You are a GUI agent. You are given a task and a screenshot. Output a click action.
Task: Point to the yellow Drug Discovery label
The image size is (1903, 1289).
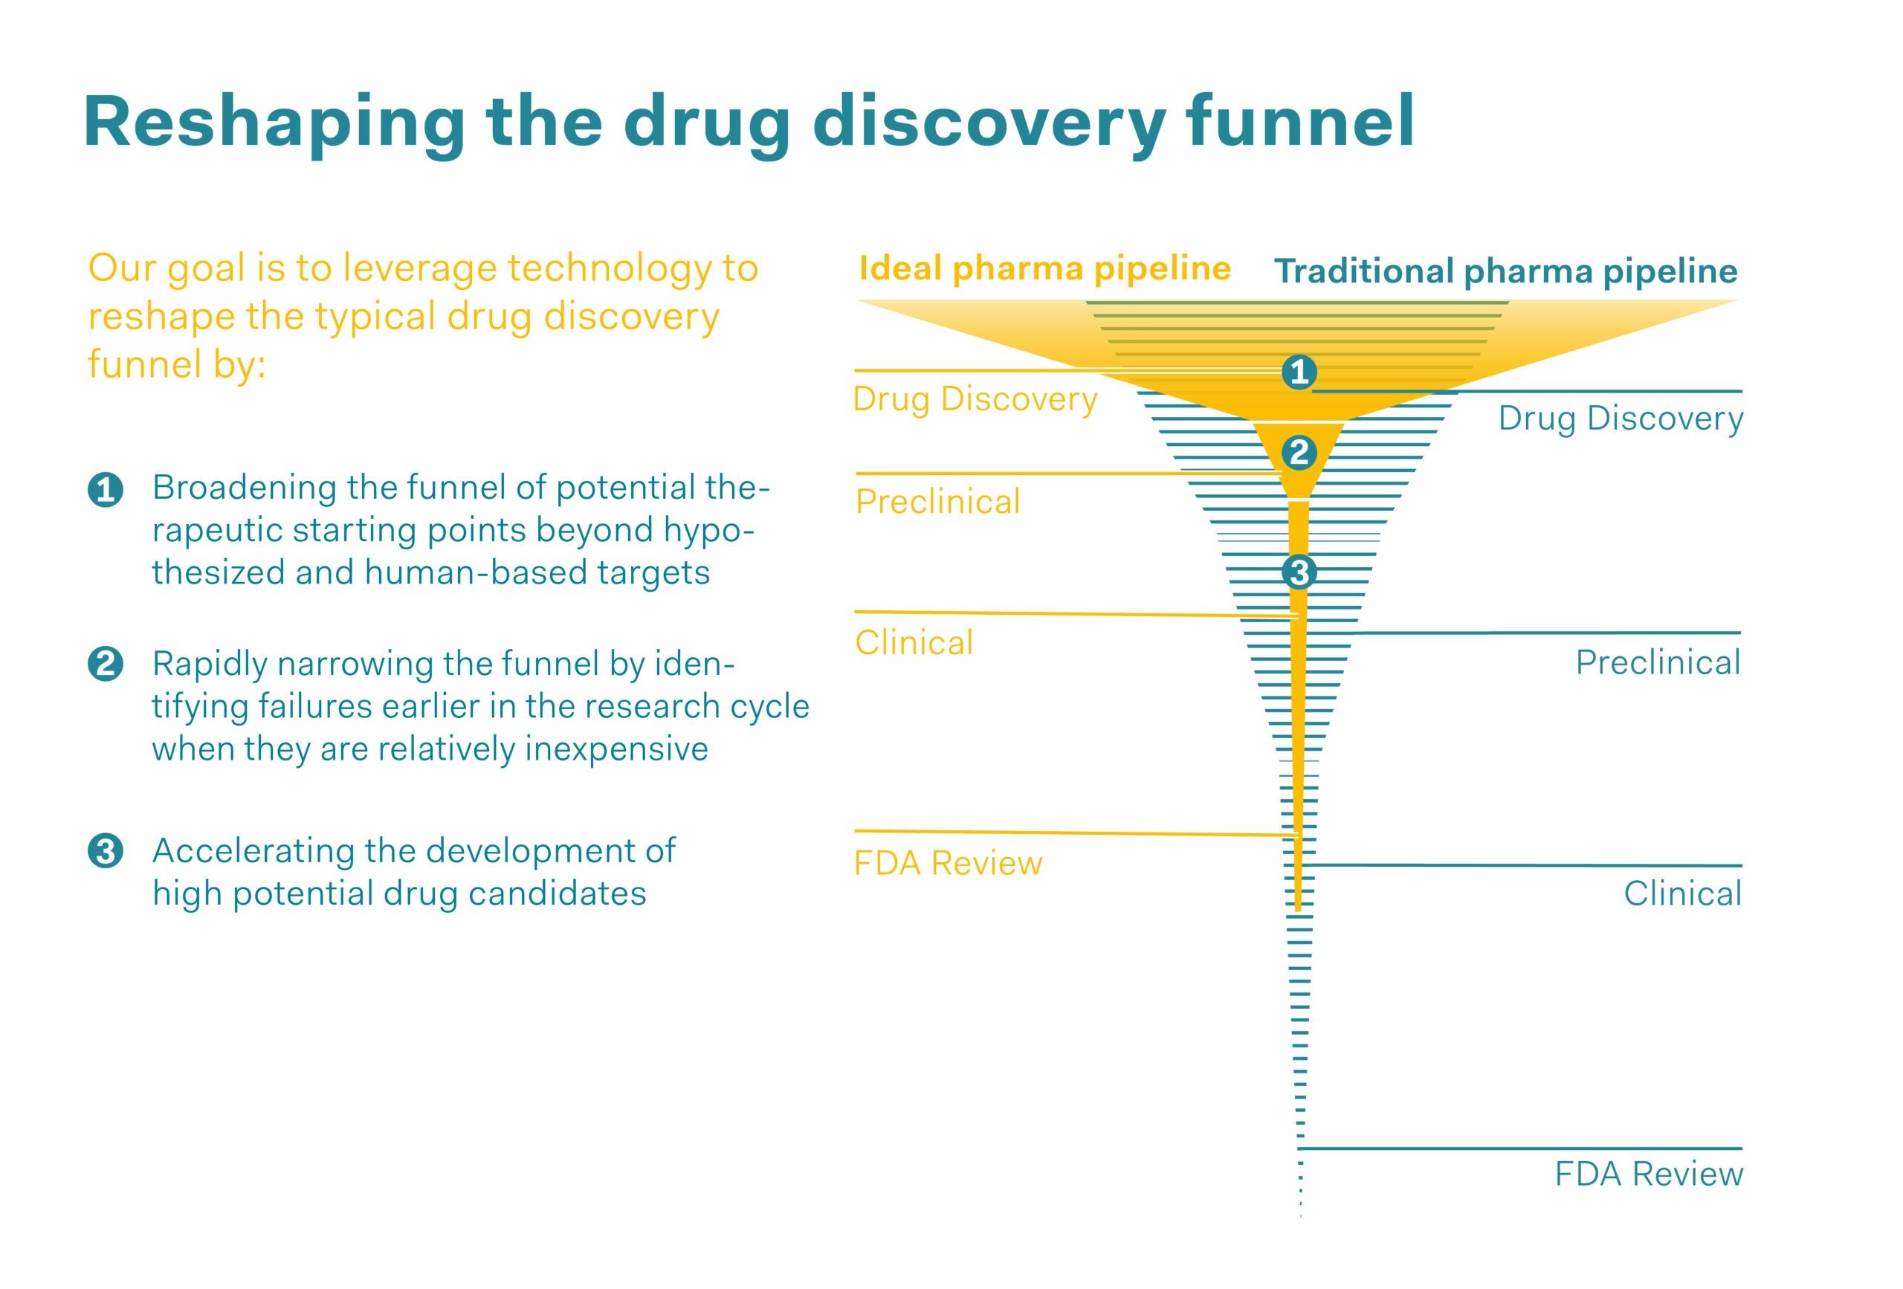[975, 401]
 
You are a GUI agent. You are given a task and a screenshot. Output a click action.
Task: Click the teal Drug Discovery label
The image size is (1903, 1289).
[1621, 419]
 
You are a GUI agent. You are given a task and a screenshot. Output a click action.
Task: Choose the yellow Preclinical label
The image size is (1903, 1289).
[937, 501]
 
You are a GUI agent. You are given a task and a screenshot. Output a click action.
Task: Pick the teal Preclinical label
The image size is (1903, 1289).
[1658, 662]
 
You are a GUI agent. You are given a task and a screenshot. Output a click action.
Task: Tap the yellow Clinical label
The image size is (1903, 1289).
[914, 643]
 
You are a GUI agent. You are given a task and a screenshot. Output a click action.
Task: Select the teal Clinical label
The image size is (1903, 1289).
[1683, 894]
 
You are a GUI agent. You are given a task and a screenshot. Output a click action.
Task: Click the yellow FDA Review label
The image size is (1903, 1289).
[947, 863]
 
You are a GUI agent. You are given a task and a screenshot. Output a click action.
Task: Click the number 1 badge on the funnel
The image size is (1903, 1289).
[1299, 372]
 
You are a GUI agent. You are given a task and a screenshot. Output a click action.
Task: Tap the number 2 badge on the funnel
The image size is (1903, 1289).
[1299, 453]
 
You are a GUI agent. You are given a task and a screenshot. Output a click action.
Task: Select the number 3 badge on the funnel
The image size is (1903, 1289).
[1299, 572]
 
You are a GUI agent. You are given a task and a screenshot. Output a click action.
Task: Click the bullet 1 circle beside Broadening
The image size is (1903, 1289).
[106, 490]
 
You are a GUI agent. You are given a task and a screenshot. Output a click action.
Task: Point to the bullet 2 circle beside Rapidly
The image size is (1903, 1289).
[106, 664]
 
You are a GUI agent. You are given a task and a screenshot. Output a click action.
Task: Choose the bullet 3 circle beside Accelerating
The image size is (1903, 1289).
[106, 851]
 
